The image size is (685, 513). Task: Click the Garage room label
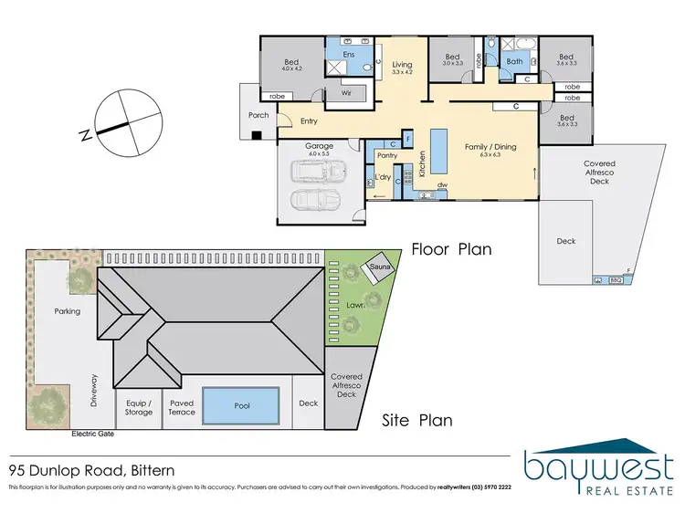click(319, 146)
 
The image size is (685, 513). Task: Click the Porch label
click(258, 115)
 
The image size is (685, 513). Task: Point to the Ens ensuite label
click(349, 56)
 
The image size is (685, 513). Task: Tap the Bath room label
click(514, 62)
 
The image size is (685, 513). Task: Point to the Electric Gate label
click(93, 434)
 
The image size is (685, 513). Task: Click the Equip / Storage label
click(139, 406)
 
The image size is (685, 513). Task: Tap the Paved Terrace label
click(182, 406)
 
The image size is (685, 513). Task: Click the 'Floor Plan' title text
click(451, 248)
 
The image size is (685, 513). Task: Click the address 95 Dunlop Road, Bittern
click(91, 471)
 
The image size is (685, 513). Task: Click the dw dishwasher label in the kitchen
click(442, 184)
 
